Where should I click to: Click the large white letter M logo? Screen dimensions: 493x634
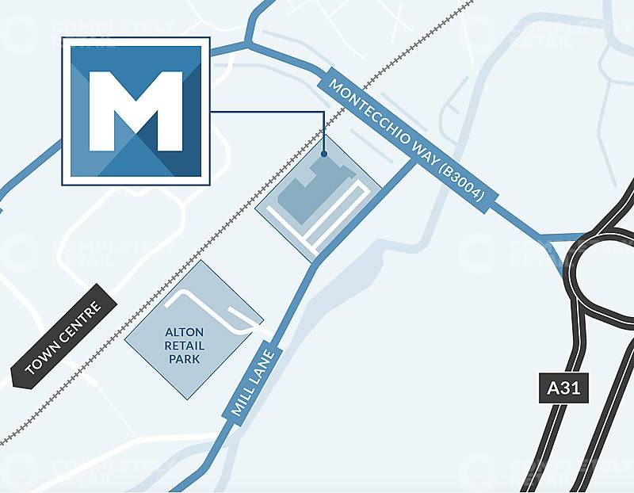point(136,111)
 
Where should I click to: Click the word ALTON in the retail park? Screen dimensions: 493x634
point(185,332)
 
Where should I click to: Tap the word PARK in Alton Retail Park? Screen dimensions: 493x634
point(185,359)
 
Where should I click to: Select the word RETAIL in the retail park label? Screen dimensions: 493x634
point(185,346)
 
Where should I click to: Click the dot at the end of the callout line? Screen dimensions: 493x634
point(324,154)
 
